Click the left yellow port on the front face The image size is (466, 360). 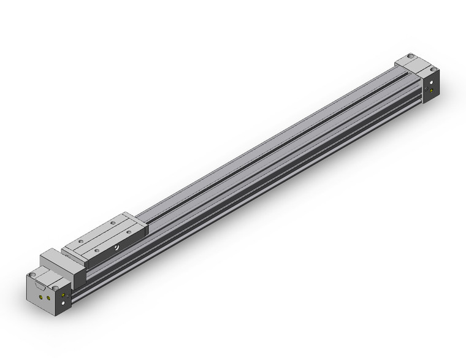click(40, 294)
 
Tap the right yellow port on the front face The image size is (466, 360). click(49, 297)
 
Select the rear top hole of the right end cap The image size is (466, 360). click(409, 57)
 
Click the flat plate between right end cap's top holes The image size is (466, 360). click(419, 62)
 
